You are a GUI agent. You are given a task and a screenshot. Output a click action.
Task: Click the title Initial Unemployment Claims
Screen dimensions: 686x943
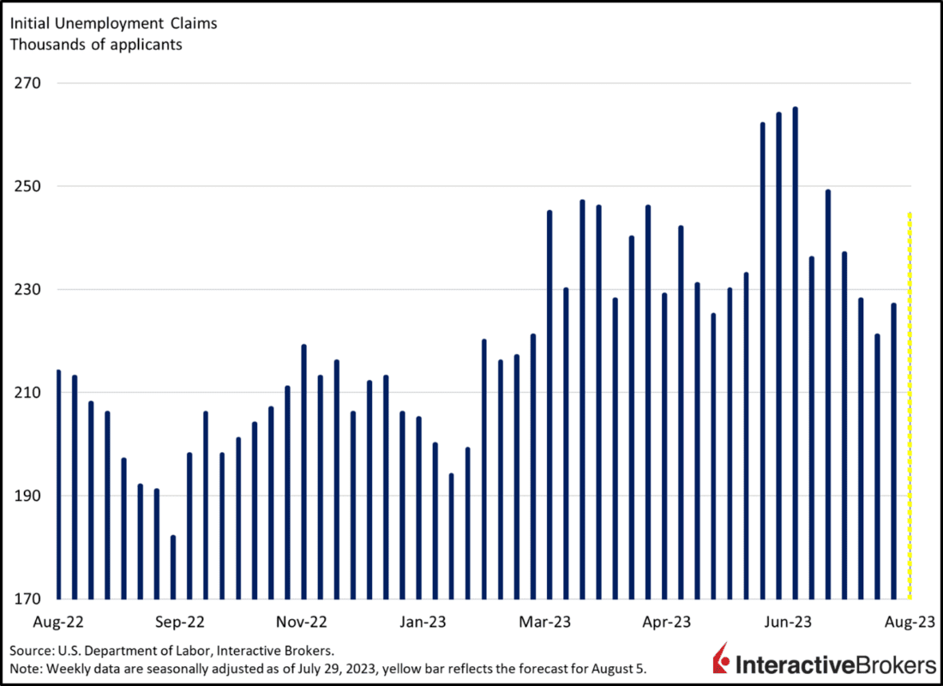[x=113, y=24]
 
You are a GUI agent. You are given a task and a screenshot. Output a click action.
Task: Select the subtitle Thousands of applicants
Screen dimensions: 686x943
[x=96, y=45]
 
